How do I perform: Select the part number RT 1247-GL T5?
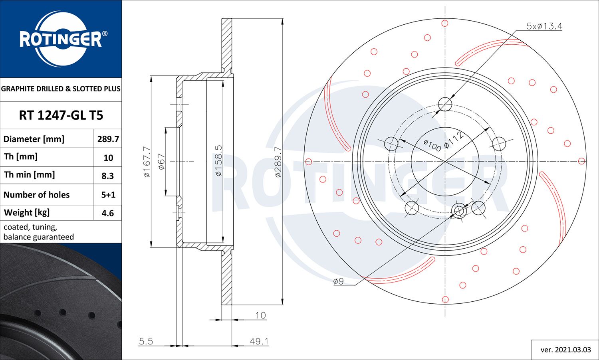coord(61,115)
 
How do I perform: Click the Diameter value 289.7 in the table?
coord(108,139)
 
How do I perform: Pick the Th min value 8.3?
coord(108,176)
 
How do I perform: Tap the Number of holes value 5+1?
coord(108,195)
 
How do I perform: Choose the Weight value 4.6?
coord(108,213)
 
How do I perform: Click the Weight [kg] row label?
coord(27,212)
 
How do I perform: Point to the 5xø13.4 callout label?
coord(544,26)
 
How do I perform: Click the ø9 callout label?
coord(338,281)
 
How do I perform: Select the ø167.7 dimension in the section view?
coord(147,162)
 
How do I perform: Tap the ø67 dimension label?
coord(161,162)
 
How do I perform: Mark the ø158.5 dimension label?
coord(218,160)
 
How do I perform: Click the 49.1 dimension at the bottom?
coord(259,341)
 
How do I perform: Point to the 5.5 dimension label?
coord(146,341)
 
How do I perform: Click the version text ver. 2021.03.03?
coord(565,350)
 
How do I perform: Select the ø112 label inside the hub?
coord(454,140)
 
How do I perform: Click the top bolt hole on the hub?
coord(445,105)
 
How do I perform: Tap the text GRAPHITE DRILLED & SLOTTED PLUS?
coord(61,89)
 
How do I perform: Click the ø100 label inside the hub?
coord(432,145)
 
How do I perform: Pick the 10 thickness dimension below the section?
coord(260,315)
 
